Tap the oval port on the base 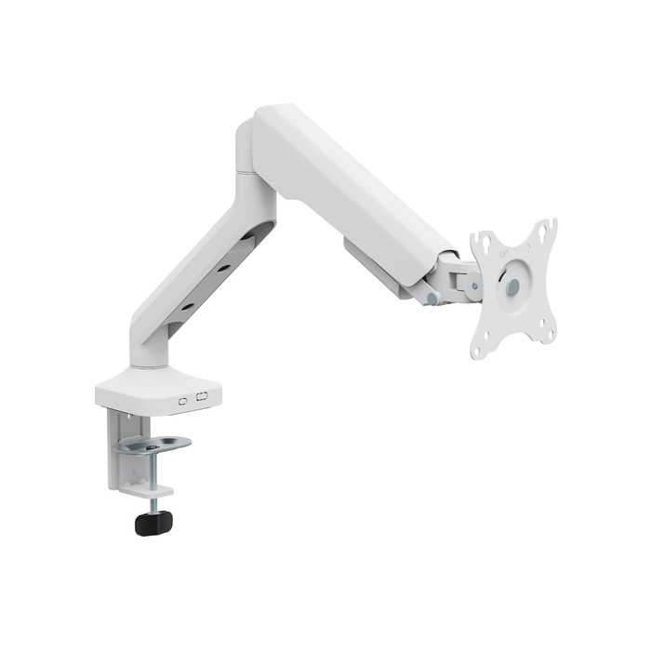pos(183,399)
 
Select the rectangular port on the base pos(204,398)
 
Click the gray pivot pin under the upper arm pos(431,299)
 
